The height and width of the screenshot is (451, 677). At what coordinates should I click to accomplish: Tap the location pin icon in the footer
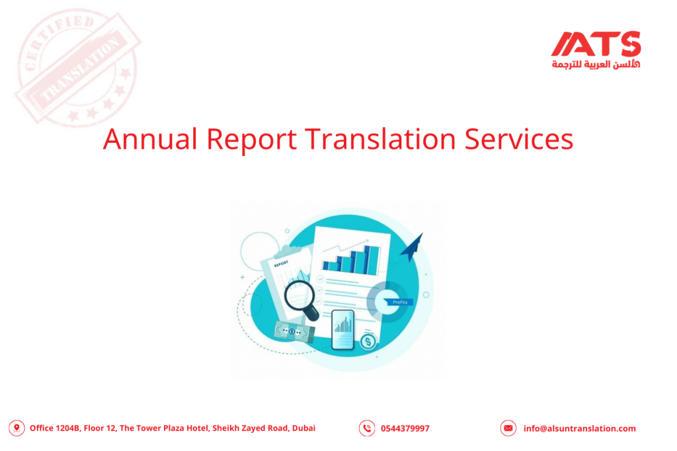(x=17, y=429)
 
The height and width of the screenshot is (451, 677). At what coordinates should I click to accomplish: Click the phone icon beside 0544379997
(x=367, y=429)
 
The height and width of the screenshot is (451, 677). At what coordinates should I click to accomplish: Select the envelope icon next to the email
(x=508, y=429)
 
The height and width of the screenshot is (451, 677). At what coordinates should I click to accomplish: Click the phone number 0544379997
(x=405, y=429)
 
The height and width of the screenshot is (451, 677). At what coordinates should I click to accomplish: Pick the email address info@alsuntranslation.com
(x=579, y=429)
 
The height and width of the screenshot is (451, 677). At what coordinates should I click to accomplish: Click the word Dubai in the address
(x=303, y=429)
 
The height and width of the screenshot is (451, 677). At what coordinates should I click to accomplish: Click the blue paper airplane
(x=413, y=246)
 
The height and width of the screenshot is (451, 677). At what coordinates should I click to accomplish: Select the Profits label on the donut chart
(x=399, y=302)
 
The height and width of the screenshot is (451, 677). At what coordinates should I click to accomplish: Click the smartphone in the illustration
(x=342, y=329)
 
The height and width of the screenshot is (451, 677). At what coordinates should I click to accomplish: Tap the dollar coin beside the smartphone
(x=368, y=342)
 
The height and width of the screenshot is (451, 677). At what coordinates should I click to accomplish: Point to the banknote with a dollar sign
(x=292, y=331)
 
